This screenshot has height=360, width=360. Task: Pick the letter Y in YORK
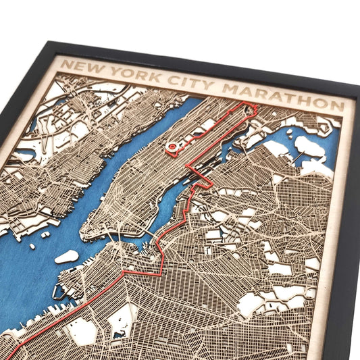[115, 71]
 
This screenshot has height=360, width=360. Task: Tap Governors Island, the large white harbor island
[67, 257]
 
